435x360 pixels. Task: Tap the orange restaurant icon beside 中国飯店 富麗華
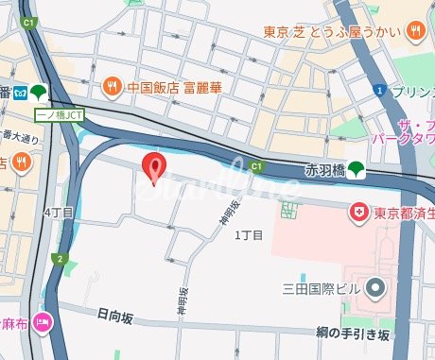(112, 83)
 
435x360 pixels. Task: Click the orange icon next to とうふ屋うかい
(415, 33)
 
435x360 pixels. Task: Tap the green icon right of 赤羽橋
(356, 170)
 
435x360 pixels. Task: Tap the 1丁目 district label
(248, 234)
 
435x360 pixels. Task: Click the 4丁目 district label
(59, 214)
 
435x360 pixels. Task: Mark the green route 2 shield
(59, 258)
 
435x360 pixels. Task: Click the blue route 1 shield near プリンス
(377, 91)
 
